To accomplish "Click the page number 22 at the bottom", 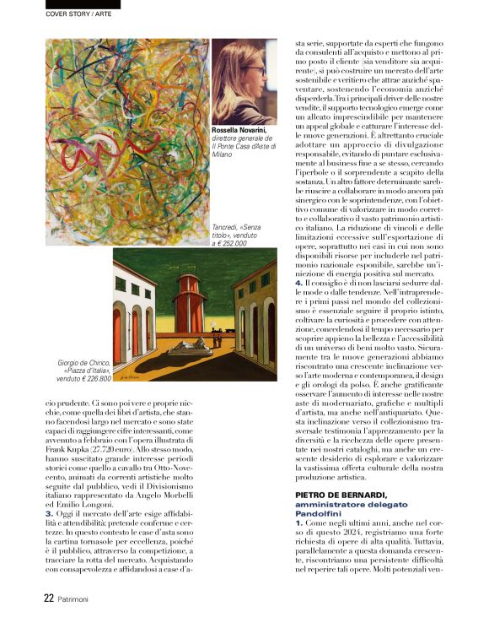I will [x=49, y=597].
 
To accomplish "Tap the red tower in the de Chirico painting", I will [x=189, y=300].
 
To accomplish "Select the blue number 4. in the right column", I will [x=298, y=306].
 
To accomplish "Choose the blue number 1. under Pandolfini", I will [x=298, y=524].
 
